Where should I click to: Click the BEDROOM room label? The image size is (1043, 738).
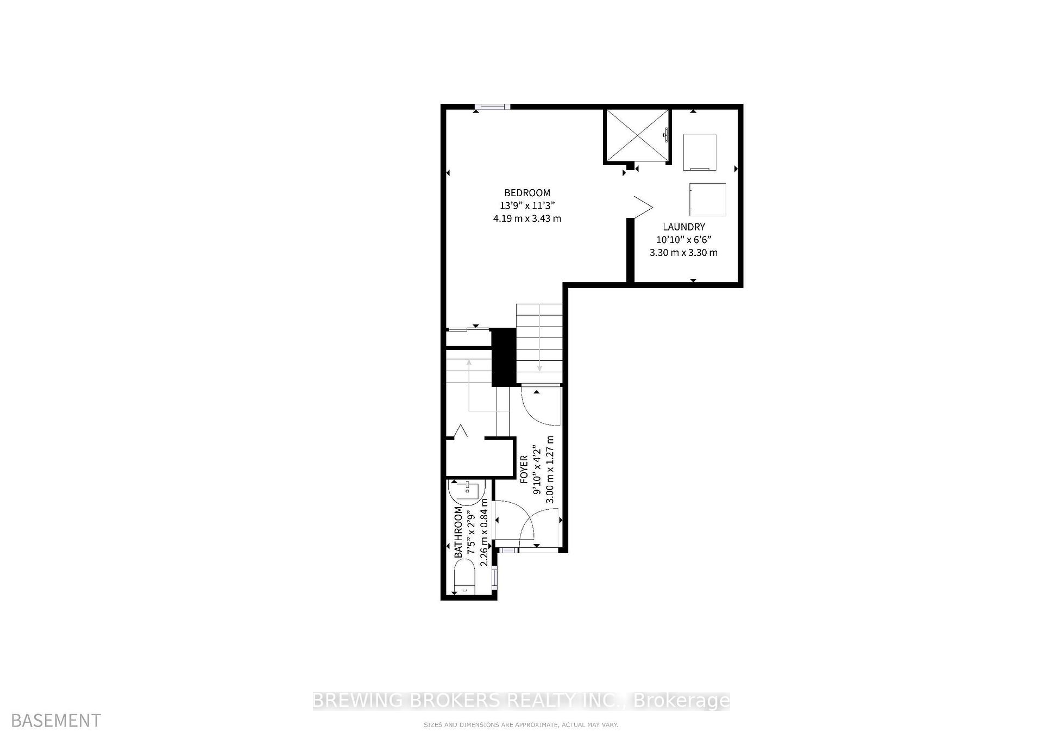click(x=527, y=192)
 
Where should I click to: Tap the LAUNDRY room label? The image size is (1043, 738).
click(x=683, y=227)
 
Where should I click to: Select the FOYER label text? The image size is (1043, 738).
click(x=524, y=469)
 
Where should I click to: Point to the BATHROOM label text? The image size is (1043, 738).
click(x=458, y=531)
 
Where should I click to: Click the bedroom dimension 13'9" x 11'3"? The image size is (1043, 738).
click(x=527, y=205)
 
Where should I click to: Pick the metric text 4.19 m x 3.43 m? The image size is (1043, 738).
click(x=527, y=218)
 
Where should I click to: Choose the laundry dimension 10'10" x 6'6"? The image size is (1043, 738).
click(x=683, y=240)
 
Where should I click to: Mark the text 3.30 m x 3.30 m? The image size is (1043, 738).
click(x=683, y=253)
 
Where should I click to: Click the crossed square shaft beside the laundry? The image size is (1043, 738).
click(x=637, y=135)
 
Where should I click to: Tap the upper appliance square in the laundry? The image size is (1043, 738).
click(x=699, y=152)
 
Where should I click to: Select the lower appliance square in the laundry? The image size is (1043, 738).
click(x=707, y=199)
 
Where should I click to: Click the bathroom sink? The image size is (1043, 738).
click(x=467, y=491)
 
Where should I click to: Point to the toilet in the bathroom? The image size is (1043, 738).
click(x=464, y=578)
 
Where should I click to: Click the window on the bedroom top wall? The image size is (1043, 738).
click(x=492, y=107)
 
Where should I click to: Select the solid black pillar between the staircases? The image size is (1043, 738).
click(x=504, y=357)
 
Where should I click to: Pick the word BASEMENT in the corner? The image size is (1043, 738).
click(x=56, y=721)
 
